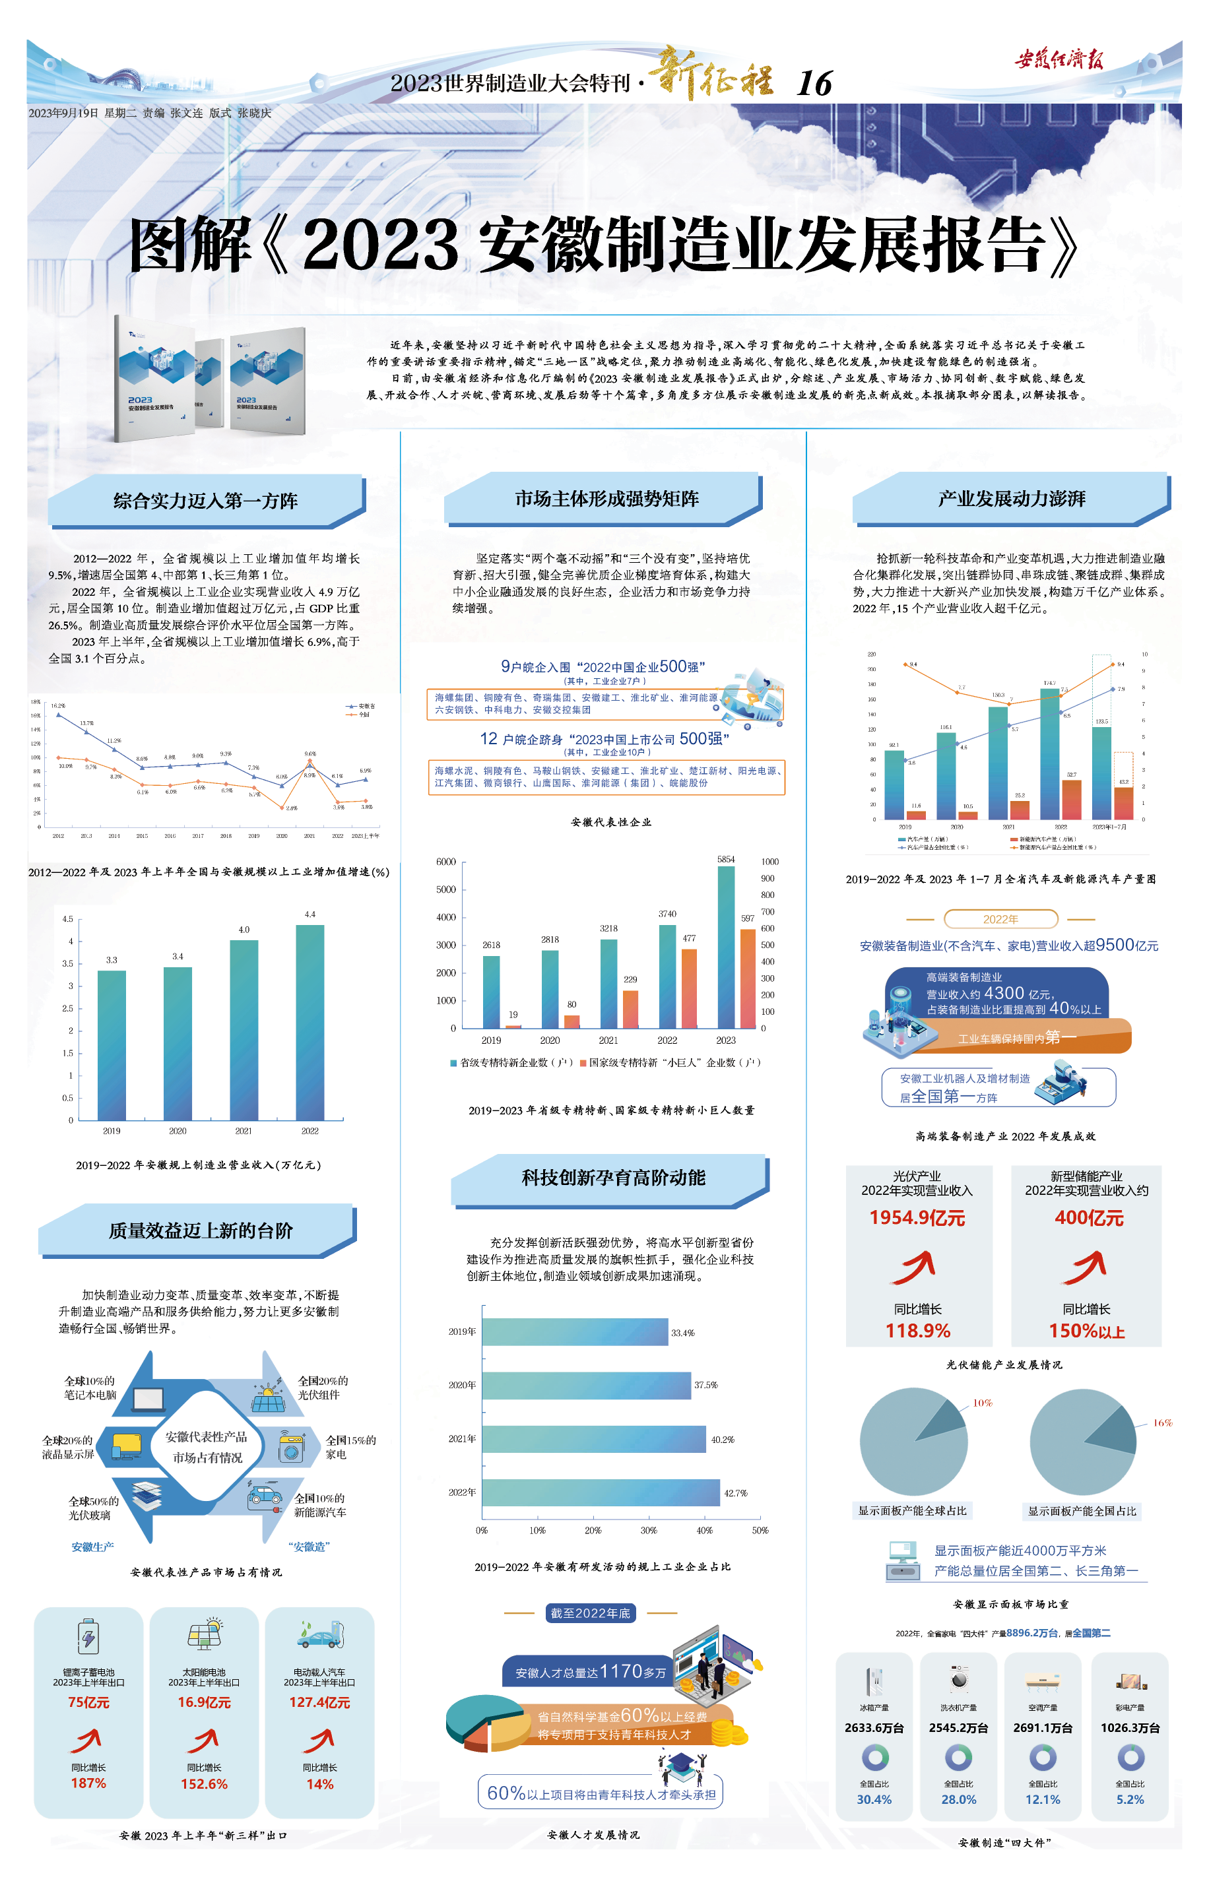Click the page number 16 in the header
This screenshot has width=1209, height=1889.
[x=814, y=83]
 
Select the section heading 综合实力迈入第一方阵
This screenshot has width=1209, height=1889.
[x=206, y=501]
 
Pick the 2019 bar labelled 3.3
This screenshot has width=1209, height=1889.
[x=112, y=1044]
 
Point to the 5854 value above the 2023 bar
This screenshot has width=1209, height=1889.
[x=725, y=859]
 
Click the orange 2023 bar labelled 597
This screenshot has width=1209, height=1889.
[x=748, y=978]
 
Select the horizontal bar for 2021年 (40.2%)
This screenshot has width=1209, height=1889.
[x=593, y=1438]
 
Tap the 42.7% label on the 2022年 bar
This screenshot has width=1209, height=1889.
[x=736, y=1492]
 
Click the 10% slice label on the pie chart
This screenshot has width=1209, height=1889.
[x=982, y=1403]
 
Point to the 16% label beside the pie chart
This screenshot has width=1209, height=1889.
[x=1162, y=1423]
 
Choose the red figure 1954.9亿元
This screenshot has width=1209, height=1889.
[x=917, y=1218]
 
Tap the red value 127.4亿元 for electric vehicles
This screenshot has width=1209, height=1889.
[x=319, y=1702]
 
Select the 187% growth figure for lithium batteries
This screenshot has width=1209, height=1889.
[x=88, y=1783]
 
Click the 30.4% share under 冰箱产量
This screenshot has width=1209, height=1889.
[x=874, y=1799]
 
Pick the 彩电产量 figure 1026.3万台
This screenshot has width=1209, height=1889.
[x=1130, y=1727]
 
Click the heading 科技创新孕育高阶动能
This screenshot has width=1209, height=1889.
[x=613, y=1177]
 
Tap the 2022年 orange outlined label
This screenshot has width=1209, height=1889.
[x=1000, y=919]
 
